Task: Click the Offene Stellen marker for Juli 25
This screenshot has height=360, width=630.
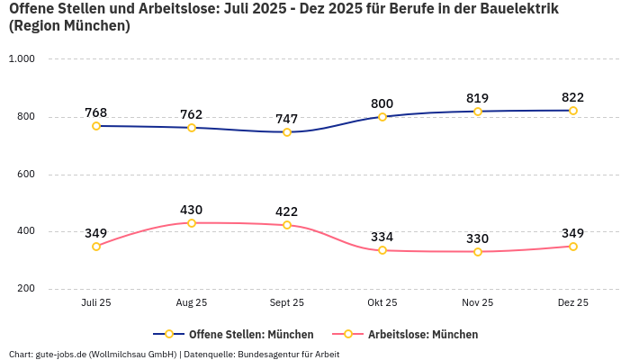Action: click(x=96, y=126)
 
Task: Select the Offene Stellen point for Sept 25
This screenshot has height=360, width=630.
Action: click(x=287, y=132)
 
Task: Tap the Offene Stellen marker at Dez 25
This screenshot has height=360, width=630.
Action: click(x=573, y=111)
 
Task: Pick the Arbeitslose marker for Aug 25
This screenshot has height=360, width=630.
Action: click(x=192, y=223)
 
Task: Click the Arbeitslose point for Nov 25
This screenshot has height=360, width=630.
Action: click(x=478, y=252)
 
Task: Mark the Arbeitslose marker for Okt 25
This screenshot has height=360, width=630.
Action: click(x=382, y=250)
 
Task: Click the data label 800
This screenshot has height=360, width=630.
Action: click(x=382, y=103)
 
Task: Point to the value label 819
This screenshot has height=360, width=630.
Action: click(x=478, y=98)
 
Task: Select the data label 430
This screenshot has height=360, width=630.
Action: click(x=192, y=210)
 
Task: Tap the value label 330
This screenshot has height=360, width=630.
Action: click(x=478, y=238)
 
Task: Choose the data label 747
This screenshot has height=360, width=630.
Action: click(x=287, y=119)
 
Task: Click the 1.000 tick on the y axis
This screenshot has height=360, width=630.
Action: click(x=22, y=59)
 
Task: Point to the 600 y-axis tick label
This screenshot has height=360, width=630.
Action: click(x=25, y=174)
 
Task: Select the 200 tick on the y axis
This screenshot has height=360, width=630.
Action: click(x=25, y=289)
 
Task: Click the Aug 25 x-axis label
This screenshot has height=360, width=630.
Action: click(x=192, y=303)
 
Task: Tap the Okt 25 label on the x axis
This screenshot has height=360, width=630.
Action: click(x=382, y=303)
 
